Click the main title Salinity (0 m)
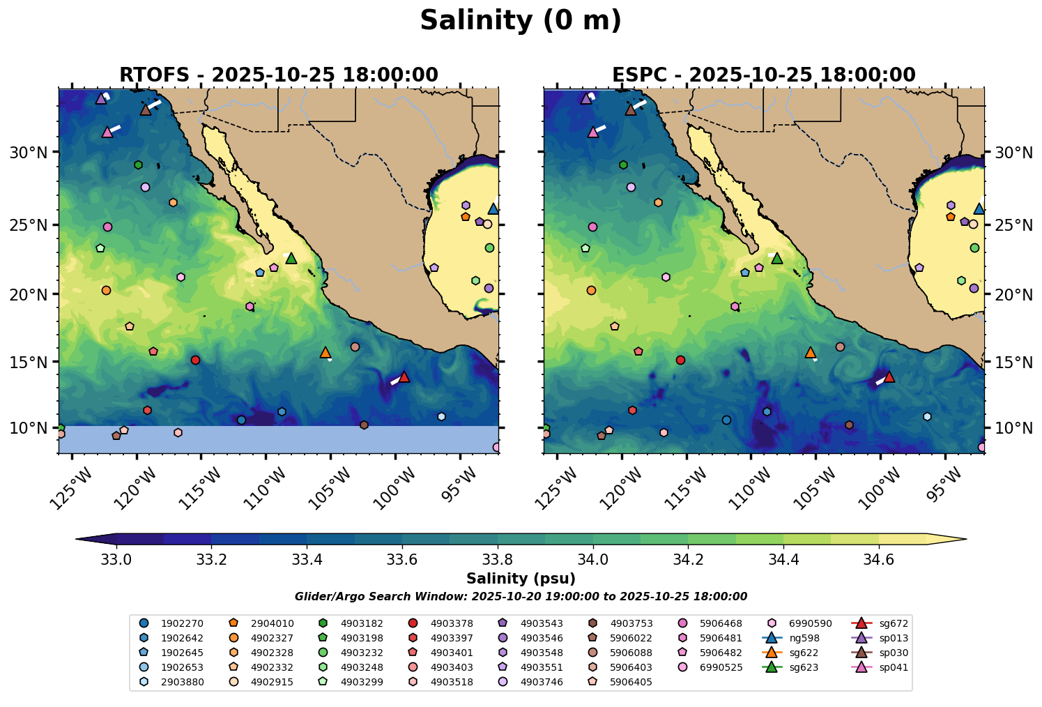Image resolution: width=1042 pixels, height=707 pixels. click(x=521, y=21)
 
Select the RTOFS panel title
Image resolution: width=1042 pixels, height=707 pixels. click(x=279, y=75)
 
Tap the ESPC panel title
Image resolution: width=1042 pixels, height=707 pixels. click(x=764, y=75)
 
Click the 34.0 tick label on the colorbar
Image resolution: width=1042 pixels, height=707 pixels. click(x=593, y=559)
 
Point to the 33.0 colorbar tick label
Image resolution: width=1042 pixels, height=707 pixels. click(x=116, y=559)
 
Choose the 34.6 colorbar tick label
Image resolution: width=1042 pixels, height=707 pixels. click(x=878, y=559)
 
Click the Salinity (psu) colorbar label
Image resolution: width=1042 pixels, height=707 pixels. click(x=521, y=579)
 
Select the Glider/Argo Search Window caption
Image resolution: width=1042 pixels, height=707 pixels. click(x=521, y=597)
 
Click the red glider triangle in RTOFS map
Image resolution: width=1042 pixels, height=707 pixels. click(x=404, y=377)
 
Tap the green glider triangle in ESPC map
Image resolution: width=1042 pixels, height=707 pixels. click(x=777, y=259)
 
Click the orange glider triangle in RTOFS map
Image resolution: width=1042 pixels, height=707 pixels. click(x=325, y=353)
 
